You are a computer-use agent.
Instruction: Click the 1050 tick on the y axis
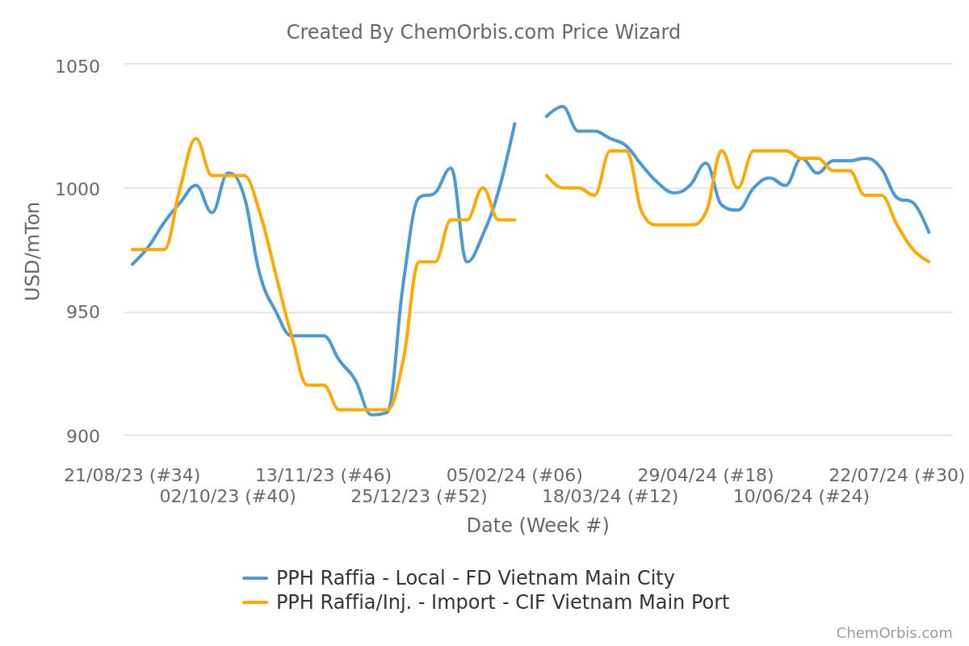[x=78, y=65]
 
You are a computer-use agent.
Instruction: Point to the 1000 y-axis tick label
[x=78, y=189]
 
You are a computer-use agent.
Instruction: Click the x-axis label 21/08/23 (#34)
[x=132, y=476]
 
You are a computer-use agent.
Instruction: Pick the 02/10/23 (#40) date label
[x=228, y=497]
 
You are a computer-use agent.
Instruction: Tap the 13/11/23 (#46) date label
[x=323, y=476]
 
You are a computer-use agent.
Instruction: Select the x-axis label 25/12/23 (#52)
[x=418, y=497]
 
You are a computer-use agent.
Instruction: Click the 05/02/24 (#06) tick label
[x=514, y=476]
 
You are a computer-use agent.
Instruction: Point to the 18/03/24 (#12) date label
[x=610, y=497]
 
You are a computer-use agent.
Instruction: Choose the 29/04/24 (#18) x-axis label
[x=705, y=476]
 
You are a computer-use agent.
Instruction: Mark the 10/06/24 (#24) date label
[x=801, y=497]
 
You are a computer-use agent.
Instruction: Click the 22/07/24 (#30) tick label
[x=896, y=476]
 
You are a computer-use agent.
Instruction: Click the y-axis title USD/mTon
[x=32, y=250]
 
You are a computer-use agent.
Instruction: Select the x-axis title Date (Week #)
[x=538, y=526]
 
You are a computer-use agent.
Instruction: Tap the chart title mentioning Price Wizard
[x=483, y=32]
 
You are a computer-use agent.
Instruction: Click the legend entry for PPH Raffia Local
[x=475, y=578]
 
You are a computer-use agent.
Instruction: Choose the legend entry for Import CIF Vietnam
[x=502, y=602]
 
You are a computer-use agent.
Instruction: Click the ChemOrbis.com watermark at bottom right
[x=894, y=633]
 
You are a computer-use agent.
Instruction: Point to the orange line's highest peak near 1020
[x=195, y=138]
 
